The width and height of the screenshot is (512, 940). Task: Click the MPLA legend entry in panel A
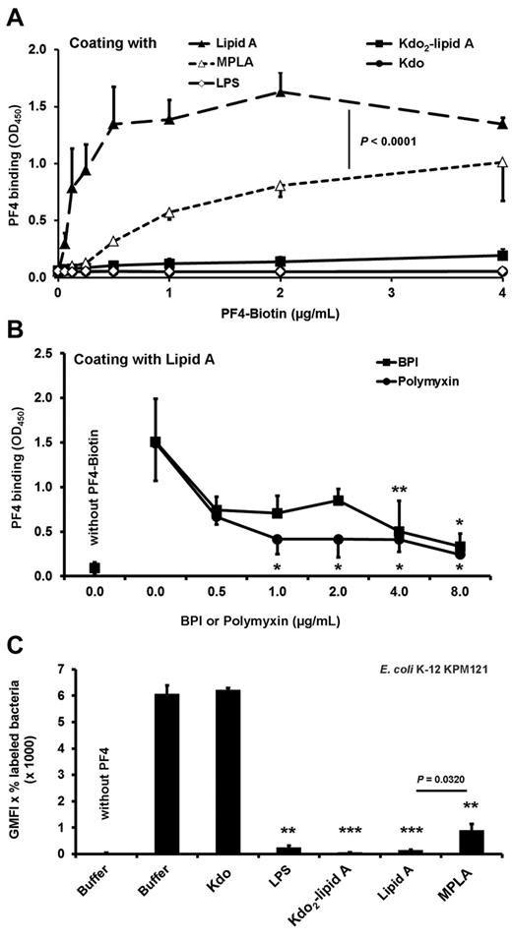228,62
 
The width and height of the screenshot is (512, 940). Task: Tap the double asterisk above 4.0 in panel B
400,489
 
